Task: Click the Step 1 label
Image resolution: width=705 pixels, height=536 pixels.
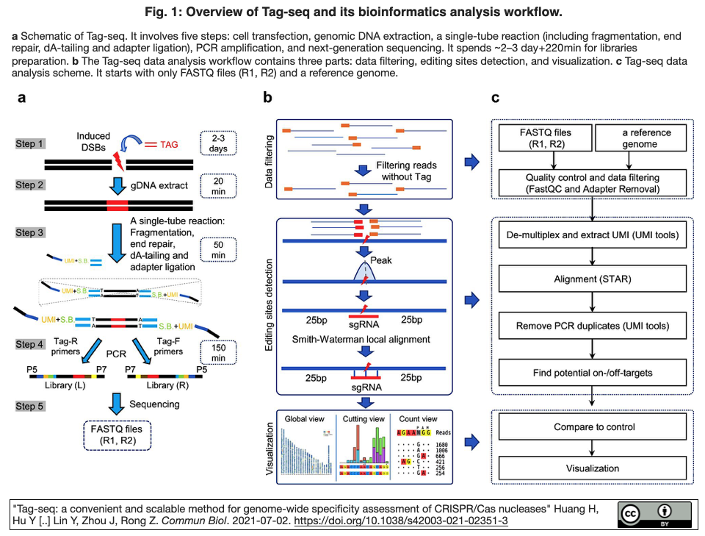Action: click(x=30, y=144)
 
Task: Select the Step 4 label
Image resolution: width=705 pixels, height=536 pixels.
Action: click(x=30, y=344)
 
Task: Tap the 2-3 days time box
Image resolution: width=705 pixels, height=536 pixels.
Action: click(x=218, y=143)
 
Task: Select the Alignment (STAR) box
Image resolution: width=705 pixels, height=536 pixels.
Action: click(x=592, y=279)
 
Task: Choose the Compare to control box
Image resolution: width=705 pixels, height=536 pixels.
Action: click(x=592, y=427)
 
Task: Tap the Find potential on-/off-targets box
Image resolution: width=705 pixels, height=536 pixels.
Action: click(x=592, y=373)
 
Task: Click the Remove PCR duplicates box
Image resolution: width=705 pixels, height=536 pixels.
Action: click(x=592, y=326)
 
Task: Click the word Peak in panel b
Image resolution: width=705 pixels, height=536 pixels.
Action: click(x=381, y=261)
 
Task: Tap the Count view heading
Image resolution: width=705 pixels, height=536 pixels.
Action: click(x=418, y=419)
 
